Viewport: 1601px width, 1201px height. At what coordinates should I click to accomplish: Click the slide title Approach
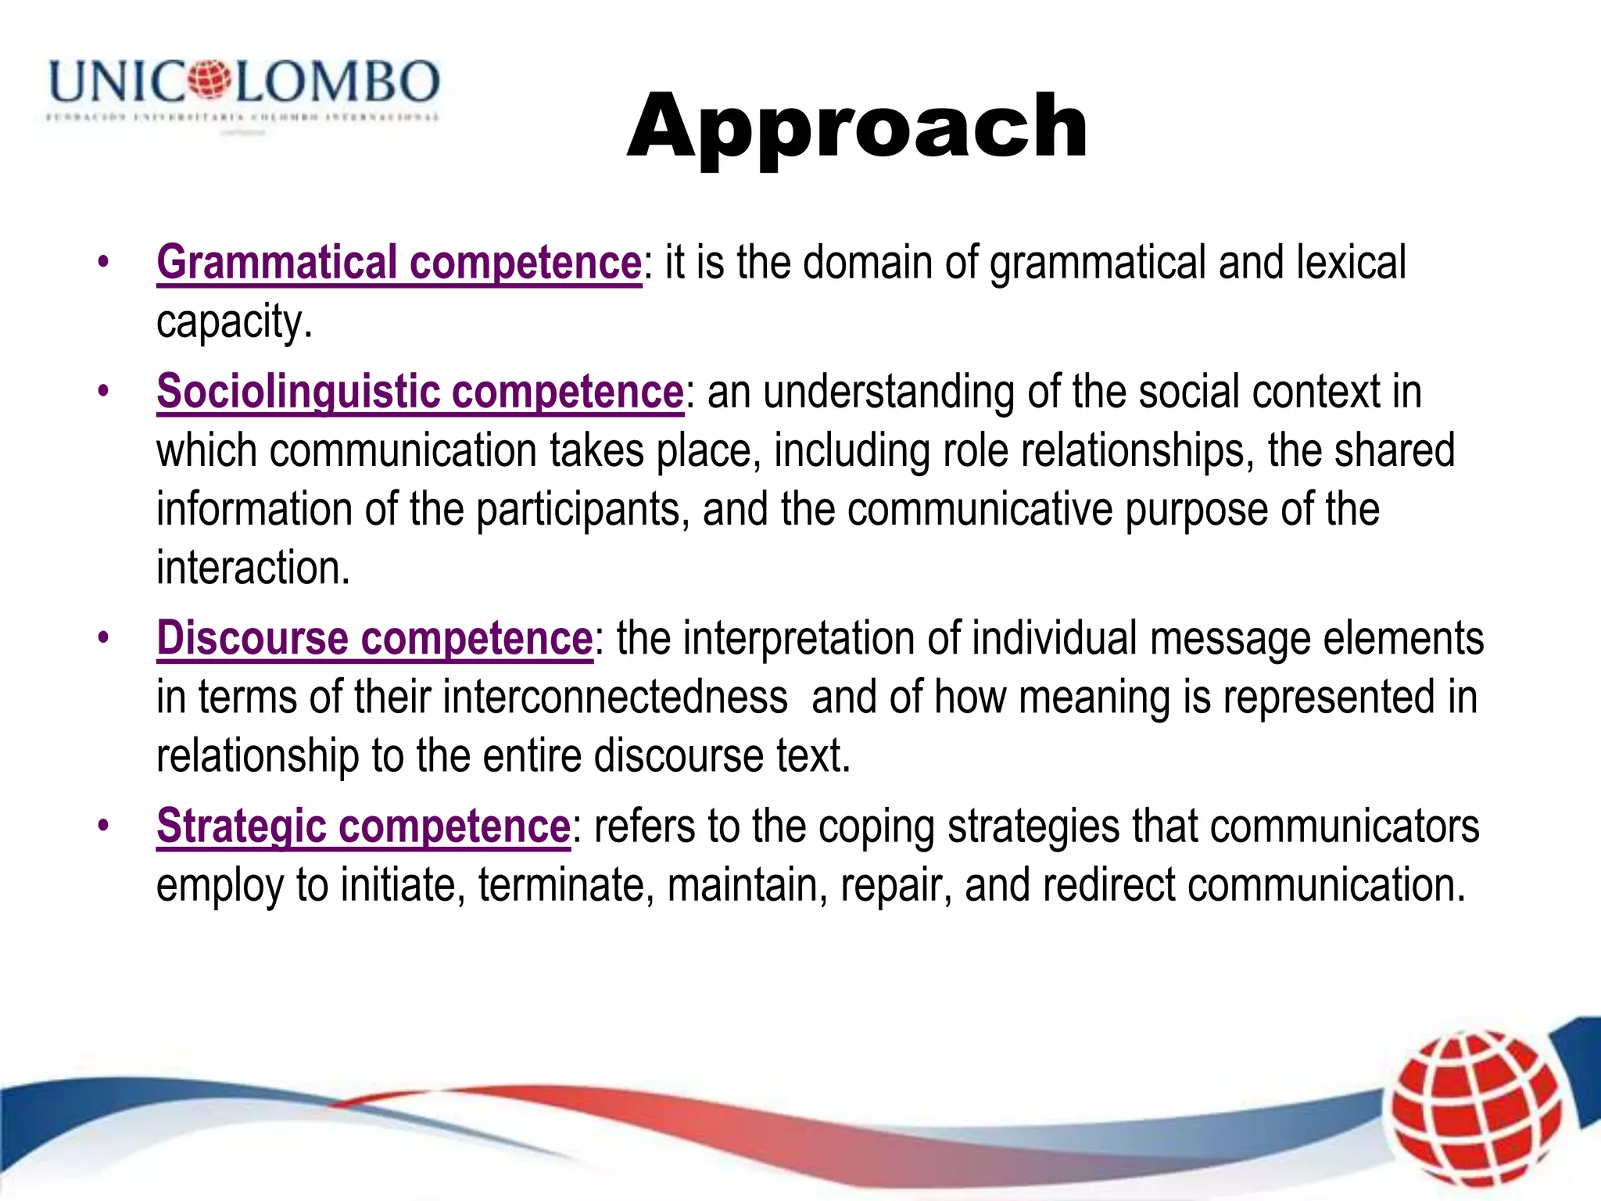click(857, 127)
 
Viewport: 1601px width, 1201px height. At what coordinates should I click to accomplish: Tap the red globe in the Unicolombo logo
click(209, 80)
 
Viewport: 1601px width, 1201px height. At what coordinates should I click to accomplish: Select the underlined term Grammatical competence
click(399, 262)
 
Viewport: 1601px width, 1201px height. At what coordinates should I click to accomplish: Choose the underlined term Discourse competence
click(374, 638)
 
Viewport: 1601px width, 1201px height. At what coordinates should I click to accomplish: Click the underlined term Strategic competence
click(364, 826)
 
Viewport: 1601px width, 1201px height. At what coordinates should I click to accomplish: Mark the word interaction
click(253, 568)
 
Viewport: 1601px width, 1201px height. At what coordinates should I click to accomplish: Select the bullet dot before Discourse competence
click(103, 639)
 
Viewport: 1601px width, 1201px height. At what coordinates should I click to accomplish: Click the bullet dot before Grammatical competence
click(103, 263)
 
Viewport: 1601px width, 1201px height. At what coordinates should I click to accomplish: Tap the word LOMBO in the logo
click(338, 81)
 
